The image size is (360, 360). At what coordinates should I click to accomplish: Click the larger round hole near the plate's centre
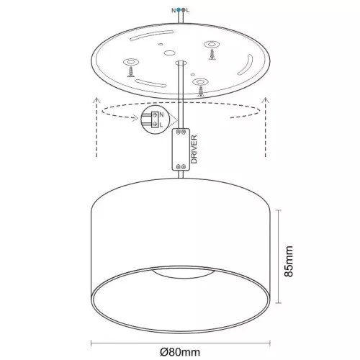[168, 54]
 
